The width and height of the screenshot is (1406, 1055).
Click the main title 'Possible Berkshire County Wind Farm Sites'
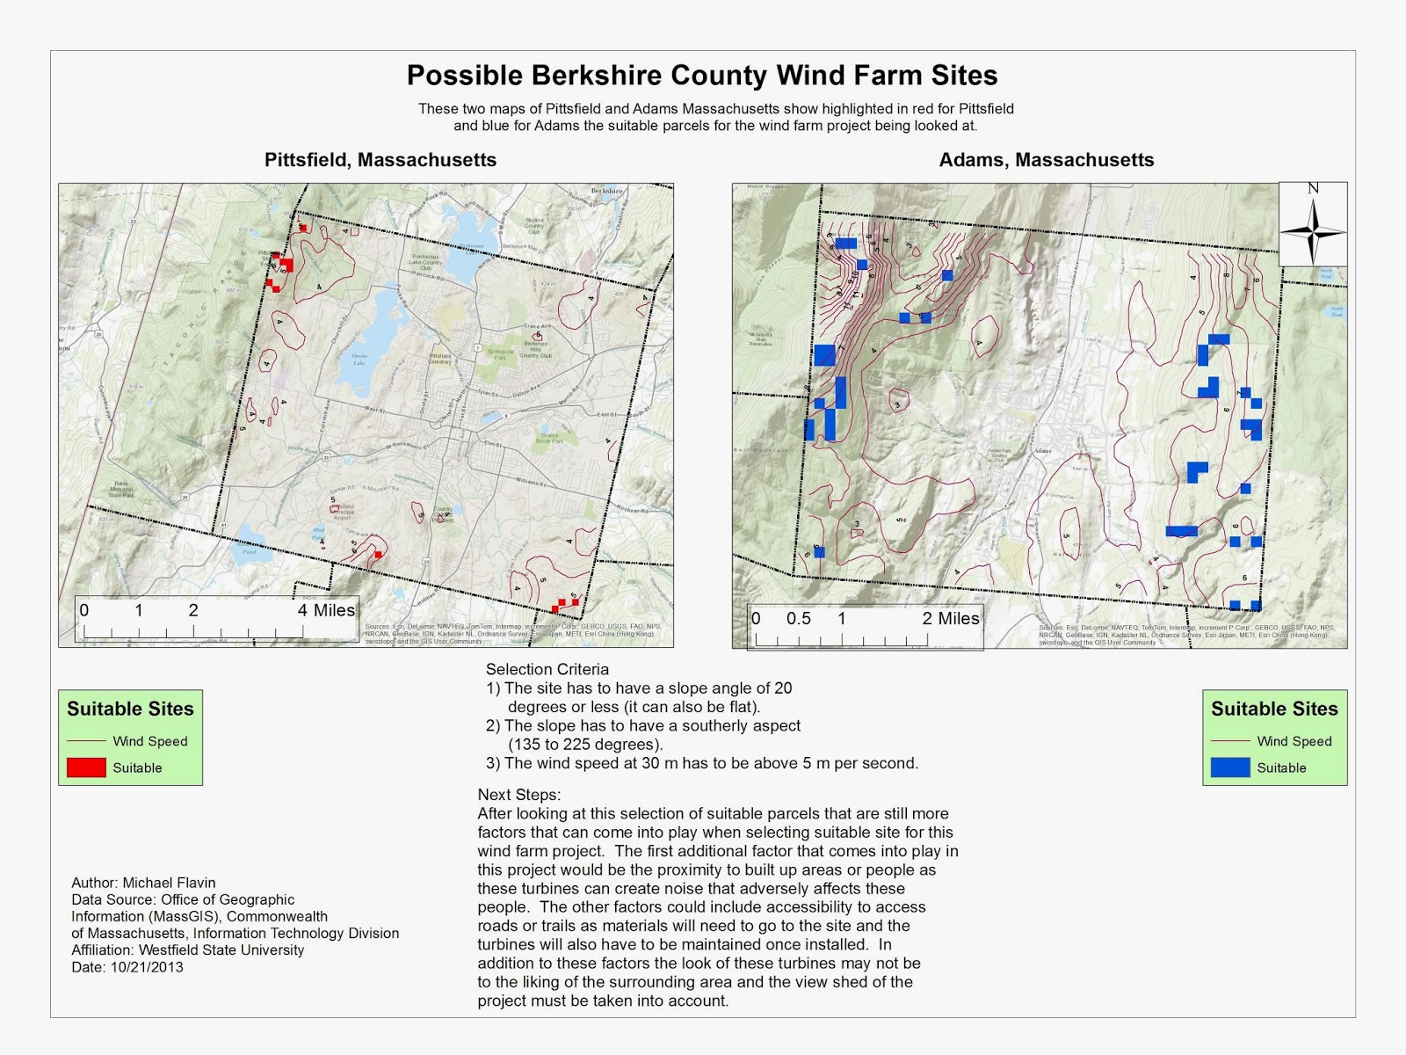702,76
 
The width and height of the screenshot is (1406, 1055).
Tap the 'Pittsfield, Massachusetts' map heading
380,160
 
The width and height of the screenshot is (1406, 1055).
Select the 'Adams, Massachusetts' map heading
1046,160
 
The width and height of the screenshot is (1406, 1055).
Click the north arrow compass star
1313,231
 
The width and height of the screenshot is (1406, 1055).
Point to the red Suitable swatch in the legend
86,768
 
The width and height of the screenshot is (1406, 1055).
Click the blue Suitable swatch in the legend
1230,768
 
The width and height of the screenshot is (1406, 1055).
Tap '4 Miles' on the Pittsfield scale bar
326,610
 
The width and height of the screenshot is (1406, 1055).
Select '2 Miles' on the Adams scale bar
951,618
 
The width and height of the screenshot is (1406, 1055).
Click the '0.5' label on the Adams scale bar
798,618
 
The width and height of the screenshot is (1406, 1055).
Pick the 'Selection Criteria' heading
547,669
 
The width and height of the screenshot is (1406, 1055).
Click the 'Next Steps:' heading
519,795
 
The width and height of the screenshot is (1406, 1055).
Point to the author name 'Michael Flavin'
169,883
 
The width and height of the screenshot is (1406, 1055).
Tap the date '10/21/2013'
147,967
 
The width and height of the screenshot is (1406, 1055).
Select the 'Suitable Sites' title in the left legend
130,709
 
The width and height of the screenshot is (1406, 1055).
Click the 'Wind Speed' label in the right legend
1294,741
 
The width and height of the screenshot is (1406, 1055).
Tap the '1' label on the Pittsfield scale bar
138,610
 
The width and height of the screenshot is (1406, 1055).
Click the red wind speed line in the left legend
86,741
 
